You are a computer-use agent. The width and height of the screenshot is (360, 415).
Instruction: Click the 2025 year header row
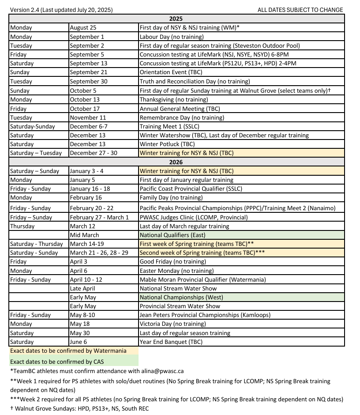[x=176, y=19]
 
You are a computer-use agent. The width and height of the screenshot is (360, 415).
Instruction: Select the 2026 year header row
[x=176, y=162]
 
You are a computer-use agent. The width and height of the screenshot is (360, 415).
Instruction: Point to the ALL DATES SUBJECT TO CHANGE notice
[x=300, y=10]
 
